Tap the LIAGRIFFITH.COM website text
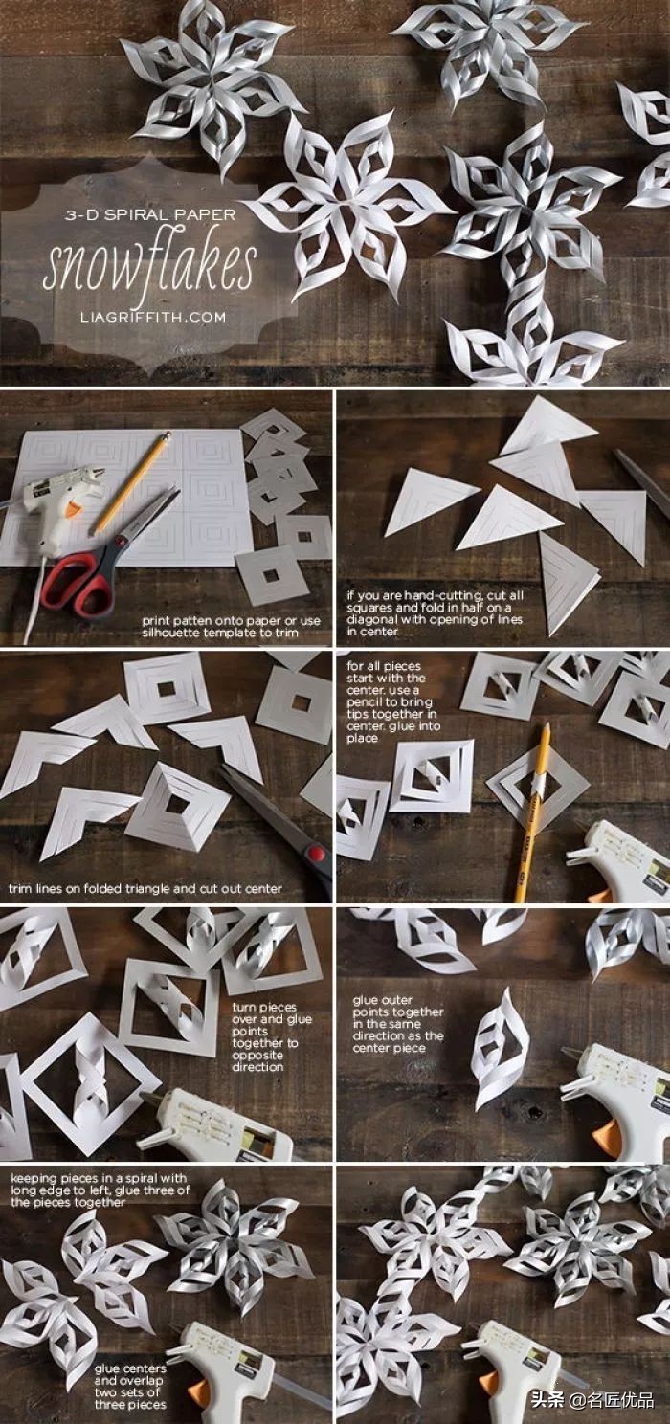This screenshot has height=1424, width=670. pos(153,317)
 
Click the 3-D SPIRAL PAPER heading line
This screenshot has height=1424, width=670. pos(150,215)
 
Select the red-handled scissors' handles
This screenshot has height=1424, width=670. pos(78,581)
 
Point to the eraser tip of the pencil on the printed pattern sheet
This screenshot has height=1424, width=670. pos(167,437)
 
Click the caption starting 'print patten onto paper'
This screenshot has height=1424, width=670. pos(231,626)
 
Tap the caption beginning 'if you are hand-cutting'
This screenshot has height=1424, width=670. pos(435,613)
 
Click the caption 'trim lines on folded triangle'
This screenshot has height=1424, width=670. pos(145,889)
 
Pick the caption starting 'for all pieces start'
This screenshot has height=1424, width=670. pos(393,701)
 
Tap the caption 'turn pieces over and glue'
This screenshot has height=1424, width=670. pos(272,1036)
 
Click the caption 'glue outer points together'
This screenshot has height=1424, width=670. pos(398,1024)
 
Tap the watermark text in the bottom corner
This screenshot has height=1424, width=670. pos(592,1399)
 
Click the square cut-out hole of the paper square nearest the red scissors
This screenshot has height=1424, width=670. pos(272,576)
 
